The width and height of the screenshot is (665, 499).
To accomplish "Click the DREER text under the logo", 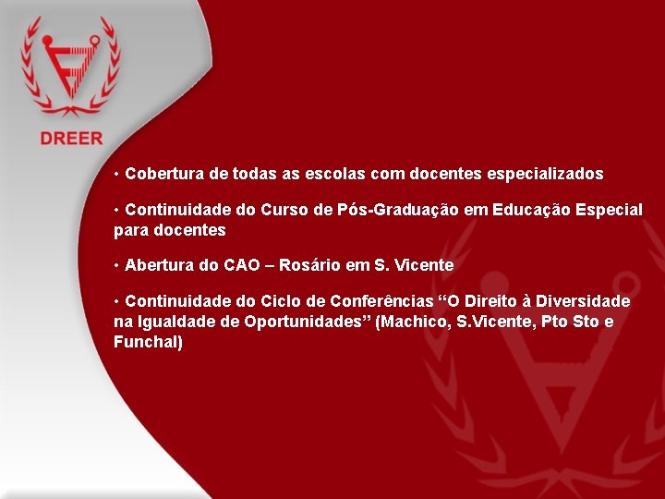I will [x=71, y=139].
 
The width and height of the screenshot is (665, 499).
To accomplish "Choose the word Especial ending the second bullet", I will [x=609, y=210].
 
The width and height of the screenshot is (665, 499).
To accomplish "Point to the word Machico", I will [x=414, y=322].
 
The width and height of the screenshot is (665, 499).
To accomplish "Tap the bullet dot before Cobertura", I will [x=117, y=174].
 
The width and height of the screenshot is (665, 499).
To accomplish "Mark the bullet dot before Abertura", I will [x=117, y=265].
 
